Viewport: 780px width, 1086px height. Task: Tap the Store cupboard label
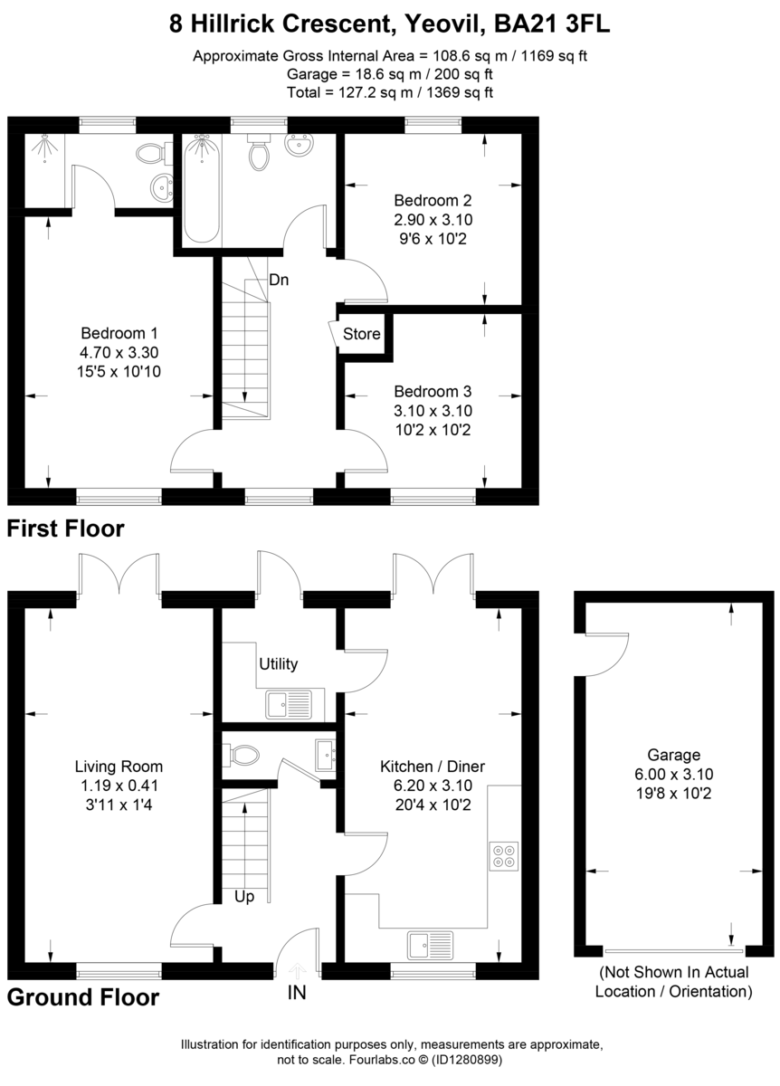[361, 334]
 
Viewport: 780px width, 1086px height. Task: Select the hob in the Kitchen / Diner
[502, 856]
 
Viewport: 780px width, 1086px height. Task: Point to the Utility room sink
[288, 703]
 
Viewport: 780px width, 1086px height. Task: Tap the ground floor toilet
[242, 754]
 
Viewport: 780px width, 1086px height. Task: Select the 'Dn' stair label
[279, 281]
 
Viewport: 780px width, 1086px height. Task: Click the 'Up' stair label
[244, 898]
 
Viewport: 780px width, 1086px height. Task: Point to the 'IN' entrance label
[297, 993]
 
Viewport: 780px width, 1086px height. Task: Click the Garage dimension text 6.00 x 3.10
[673, 774]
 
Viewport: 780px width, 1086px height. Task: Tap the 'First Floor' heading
[66, 528]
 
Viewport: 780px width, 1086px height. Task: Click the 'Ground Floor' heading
[83, 997]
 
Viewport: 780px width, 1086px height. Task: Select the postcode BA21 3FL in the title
[550, 24]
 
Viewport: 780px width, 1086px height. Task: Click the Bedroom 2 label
[433, 200]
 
